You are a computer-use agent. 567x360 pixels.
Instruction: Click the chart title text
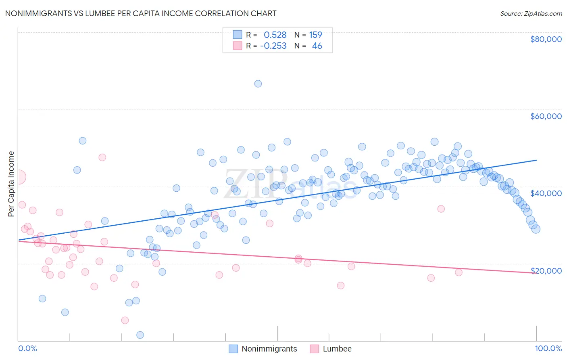141,13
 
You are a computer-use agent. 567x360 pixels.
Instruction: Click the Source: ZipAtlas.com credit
531,13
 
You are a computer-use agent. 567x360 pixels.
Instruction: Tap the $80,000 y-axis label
546,39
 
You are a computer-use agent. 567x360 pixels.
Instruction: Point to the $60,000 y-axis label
546,116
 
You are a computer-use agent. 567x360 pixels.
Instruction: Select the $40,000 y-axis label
546,193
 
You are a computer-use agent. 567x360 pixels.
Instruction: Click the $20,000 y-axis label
546,270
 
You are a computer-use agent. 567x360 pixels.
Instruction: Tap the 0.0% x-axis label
27,348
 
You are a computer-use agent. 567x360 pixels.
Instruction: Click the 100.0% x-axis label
548,348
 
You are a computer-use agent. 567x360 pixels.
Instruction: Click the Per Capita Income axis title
11,184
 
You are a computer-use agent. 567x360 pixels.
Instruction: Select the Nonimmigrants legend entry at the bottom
269,349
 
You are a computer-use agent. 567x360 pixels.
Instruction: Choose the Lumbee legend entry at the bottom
337,349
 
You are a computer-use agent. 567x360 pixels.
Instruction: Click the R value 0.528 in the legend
275,35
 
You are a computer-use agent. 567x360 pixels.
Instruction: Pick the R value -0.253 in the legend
273,46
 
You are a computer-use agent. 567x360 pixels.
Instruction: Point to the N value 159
315,35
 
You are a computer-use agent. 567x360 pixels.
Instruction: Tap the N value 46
317,46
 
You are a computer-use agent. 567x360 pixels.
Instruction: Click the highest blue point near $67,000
258,84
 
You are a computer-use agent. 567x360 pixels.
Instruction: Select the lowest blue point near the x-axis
140,335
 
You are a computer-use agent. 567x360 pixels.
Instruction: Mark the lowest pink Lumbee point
125,320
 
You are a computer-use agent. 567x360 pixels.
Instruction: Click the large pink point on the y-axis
19,177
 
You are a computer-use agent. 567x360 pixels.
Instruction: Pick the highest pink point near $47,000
102,157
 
